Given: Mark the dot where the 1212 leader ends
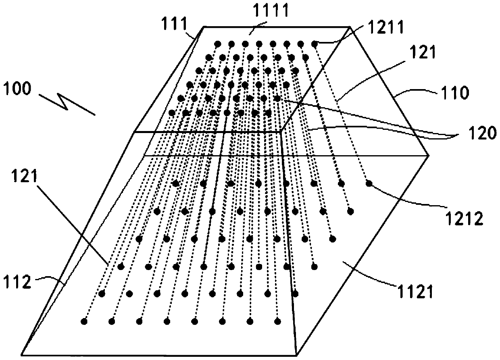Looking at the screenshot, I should [x=369, y=184].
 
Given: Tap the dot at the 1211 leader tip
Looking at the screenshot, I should [x=315, y=43].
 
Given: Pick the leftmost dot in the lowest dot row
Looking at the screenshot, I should [x=84, y=321].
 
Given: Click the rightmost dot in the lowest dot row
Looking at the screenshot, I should [x=277, y=321].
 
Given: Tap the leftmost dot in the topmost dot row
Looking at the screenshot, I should [x=218, y=44].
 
